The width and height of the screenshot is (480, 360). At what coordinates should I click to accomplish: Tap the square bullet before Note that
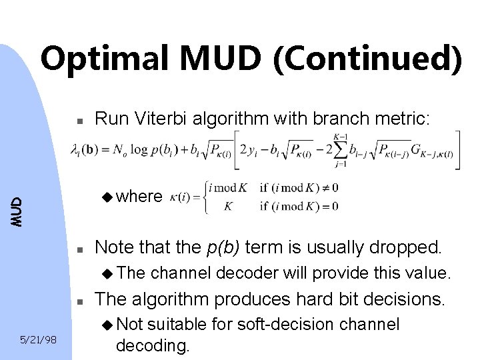tap(78, 250)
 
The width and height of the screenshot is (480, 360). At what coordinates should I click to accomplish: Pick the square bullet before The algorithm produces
tap(78, 302)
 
